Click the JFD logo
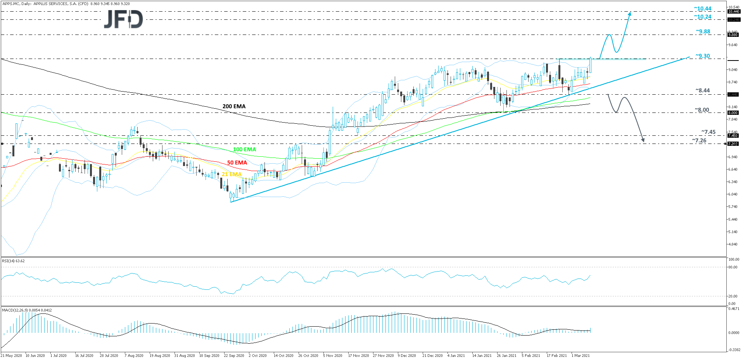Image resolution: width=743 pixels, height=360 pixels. [x=123, y=19]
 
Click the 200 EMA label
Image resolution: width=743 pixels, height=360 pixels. [x=234, y=106]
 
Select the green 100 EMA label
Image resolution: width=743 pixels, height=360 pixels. [x=244, y=149]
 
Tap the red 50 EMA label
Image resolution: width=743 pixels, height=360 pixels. [x=237, y=163]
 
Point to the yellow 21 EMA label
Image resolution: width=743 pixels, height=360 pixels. [x=232, y=174]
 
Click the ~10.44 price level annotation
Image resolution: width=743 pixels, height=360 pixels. [x=703, y=9]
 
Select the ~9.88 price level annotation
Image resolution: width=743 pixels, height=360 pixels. [x=703, y=31]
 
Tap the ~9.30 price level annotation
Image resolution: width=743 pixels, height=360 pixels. [x=703, y=56]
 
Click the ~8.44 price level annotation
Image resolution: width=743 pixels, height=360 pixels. [x=703, y=90]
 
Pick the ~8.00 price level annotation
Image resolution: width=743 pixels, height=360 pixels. [x=702, y=110]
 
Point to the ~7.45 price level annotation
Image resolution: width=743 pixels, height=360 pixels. [x=708, y=132]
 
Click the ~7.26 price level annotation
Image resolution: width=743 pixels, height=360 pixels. [x=699, y=140]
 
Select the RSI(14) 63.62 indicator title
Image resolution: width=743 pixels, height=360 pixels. [x=13, y=261]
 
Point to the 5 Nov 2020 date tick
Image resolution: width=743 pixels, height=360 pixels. [x=332, y=355]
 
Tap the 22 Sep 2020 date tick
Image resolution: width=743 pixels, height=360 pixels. [x=234, y=355]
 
